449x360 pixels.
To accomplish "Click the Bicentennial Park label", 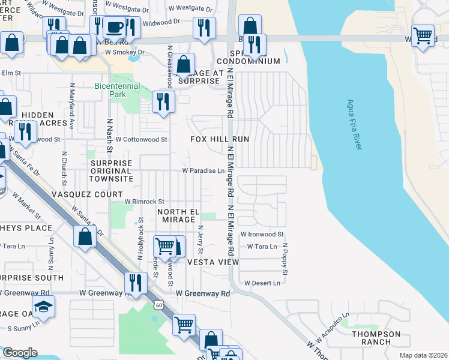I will (x=117, y=90).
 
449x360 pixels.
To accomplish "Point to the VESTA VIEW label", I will (x=212, y=262).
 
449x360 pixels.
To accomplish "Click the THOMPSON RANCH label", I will (x=376, y=338).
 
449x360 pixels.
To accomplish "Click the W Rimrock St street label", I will (x=144, y=202).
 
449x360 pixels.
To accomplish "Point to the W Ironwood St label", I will (x=262, y=235).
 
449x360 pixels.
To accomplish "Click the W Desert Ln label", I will (x=262, y=283).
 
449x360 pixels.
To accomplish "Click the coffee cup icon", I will (x=114, y=27).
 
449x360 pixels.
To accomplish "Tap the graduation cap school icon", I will (x=43, y=307).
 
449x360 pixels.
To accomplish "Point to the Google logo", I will (x=20, y=353).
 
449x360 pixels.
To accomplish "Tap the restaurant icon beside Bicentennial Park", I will (x=163, y=102).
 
